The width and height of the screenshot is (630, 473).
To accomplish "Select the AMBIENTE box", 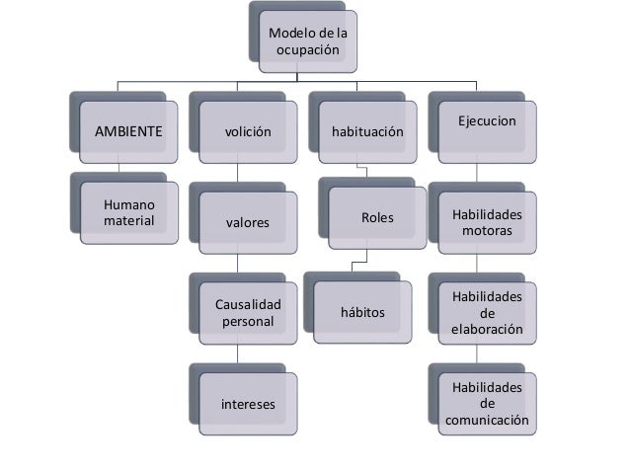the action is [127, 129].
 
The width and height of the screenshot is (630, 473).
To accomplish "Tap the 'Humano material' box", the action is [128, 211].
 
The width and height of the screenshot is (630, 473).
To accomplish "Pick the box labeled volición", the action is [247, 129].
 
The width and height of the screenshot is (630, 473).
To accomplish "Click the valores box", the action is [248, 222].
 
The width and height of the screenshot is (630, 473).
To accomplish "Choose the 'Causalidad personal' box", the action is [248, 312].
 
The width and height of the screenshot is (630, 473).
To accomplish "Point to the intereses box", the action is [248, 404].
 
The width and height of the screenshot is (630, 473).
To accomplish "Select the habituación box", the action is [367, 129].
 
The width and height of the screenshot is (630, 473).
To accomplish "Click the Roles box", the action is [377, 216].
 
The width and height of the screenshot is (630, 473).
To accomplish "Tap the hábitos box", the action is [362, 313].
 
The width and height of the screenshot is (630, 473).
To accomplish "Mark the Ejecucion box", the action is [486, 125].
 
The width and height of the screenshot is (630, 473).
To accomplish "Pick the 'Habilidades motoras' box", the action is [486, 222].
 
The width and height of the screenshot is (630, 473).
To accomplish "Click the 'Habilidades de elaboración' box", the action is [486, 312].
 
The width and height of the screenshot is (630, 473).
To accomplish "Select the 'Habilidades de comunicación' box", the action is [486, 404].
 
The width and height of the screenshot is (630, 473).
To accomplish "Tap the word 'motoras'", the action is [486, 231].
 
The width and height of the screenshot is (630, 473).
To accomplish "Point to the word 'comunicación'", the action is [486, 421].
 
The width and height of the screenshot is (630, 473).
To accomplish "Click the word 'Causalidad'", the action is [248, 304].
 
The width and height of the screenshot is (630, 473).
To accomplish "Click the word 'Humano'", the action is [128, 203].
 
